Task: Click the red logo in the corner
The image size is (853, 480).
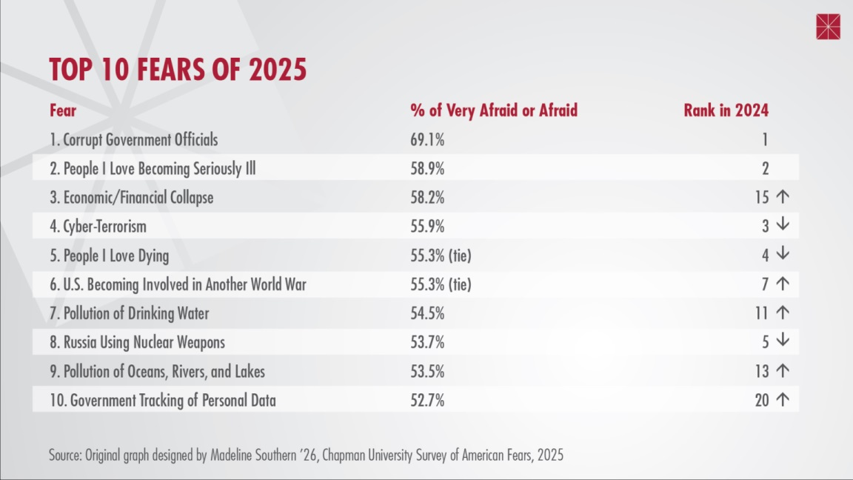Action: [828, 27]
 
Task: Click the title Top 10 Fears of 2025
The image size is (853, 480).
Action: [178, 70]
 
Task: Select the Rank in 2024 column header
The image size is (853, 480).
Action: [726, 111]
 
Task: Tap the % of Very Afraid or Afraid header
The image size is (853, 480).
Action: [494, 111]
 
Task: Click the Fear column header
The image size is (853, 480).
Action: [63, 111]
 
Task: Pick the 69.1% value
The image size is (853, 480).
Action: [427, 140]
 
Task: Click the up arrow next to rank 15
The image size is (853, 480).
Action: [783, 198]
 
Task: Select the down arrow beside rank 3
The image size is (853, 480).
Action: [783, 226]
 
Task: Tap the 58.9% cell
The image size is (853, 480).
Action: [427, 169]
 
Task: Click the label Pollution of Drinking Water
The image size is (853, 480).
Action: [129, 313]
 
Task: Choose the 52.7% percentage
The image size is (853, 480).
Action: [427, 401]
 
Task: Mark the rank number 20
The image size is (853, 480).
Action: [761, 401]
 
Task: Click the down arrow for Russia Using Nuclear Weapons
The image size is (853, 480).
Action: [783, 341]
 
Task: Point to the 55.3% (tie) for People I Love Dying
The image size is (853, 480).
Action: [441, 256]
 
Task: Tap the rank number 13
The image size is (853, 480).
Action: [761, 371]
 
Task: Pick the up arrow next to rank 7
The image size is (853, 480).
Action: [783, 284]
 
